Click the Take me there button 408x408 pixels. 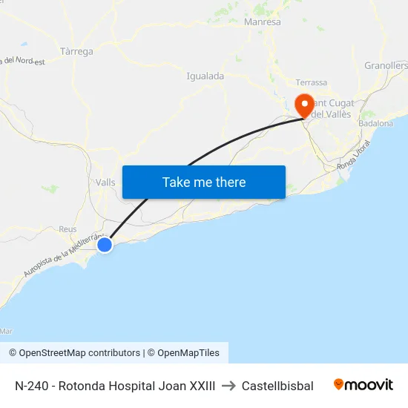click(x=204, y=182)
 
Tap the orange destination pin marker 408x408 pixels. click(x=303, y=104)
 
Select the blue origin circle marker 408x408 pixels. click(x=105, y=244)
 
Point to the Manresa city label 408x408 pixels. click(x=263, y=22)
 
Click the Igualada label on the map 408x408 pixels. click(x=205, y=76)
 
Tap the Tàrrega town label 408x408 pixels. click(x=76, y=51)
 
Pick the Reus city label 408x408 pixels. click(x=68, y=229)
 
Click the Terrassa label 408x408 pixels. click(x=311, y=82)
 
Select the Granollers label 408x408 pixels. click(x=386, y=66)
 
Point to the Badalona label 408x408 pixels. click(x=375, y=123)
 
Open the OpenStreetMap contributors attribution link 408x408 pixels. click(x=74, y=353)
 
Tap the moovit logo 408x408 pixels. click(x=363, y=385)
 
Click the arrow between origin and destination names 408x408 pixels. click(x=228, y=386)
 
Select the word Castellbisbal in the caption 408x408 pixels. click(x=277, y=386)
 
